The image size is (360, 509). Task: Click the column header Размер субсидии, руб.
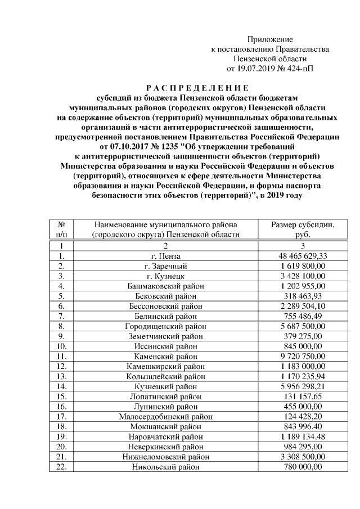click(302, 229)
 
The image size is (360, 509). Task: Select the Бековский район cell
click(165, 296)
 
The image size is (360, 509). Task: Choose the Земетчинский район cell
click(165, 336)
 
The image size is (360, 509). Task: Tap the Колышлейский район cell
click(165, 376)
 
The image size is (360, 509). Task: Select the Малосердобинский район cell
click(165, 417)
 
